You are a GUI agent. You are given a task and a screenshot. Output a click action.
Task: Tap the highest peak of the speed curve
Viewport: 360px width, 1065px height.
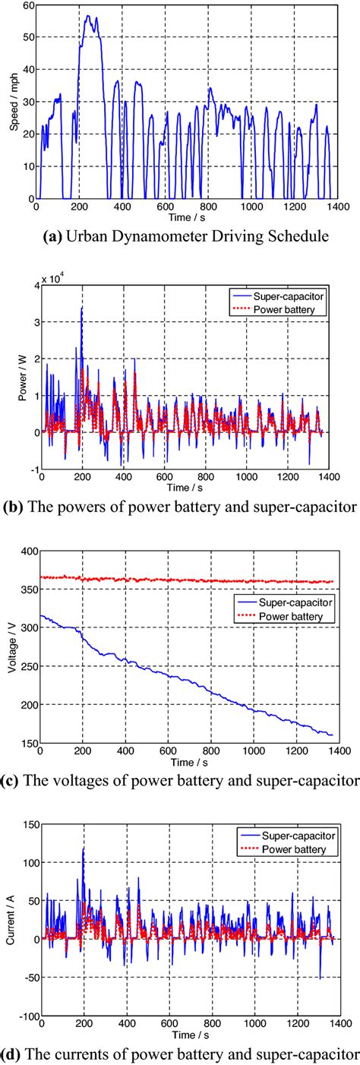(88, 15)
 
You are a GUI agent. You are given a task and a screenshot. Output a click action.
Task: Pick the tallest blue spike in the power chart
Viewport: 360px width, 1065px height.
(82, 308)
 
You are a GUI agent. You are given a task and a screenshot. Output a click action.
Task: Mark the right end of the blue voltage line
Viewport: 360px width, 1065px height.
(333, 735)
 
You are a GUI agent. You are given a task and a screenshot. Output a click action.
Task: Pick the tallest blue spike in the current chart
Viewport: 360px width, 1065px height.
(83, 849)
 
